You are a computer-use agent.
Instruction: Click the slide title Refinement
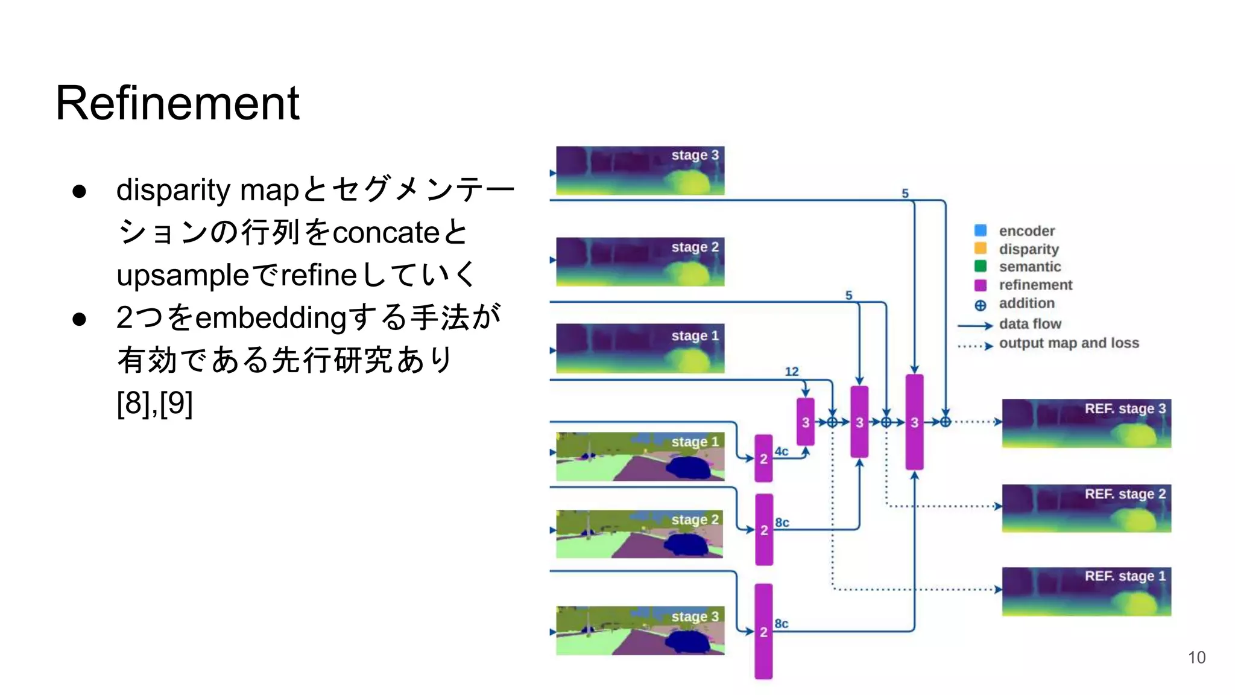click(x=177, y=103)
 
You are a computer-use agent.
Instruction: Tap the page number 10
click(x=1196, y=657)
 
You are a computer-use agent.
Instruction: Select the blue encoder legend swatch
click(x=981, y=230)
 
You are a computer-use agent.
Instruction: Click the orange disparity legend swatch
click(x=981, y=249)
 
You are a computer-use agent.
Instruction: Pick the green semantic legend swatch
click(x=981, y=266)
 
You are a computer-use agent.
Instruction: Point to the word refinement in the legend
click(x=1035, y=285)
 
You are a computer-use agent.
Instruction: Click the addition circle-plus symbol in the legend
click(x=981, y=305)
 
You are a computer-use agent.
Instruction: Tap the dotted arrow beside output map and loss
click(x=974, y=346)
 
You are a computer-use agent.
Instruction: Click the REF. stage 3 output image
click(x=1086, y=423)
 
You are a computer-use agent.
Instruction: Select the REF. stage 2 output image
click(x=1086, y=508)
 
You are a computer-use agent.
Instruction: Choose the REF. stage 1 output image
click(x=1086, y=591)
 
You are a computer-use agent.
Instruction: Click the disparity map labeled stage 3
click(x=639, y=170)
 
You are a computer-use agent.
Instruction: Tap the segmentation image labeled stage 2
click(x=639, y=534)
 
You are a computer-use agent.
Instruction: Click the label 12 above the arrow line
click(x=791, y=372)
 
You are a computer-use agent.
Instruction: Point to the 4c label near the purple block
click(x=782, y=451)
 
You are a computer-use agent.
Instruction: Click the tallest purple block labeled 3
click(x=914, y=422)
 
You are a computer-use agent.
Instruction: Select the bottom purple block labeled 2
click(x=763, y=631)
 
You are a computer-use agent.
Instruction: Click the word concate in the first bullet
click(x=386, y=232)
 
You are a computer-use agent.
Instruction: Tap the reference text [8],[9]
click(x=155, y=403)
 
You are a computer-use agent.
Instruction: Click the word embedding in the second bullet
click(x=271, y=318)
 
